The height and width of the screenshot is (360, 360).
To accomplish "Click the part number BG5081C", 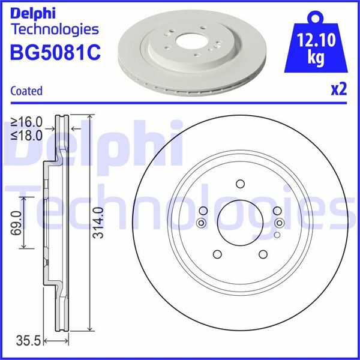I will coord(55,52).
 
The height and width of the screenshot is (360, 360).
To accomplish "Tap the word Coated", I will coord(26,91).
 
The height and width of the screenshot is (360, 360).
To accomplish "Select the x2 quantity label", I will coord(338,89).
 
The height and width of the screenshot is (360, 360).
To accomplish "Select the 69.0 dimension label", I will coord(16,223).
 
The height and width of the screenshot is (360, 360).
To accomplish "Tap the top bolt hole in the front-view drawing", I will coord(240,184).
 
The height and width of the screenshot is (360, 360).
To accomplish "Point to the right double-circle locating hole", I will coord(279,223).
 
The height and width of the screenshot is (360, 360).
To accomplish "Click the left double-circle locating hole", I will coord(201,223).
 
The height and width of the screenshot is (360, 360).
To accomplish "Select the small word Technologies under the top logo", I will coord(55,28).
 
